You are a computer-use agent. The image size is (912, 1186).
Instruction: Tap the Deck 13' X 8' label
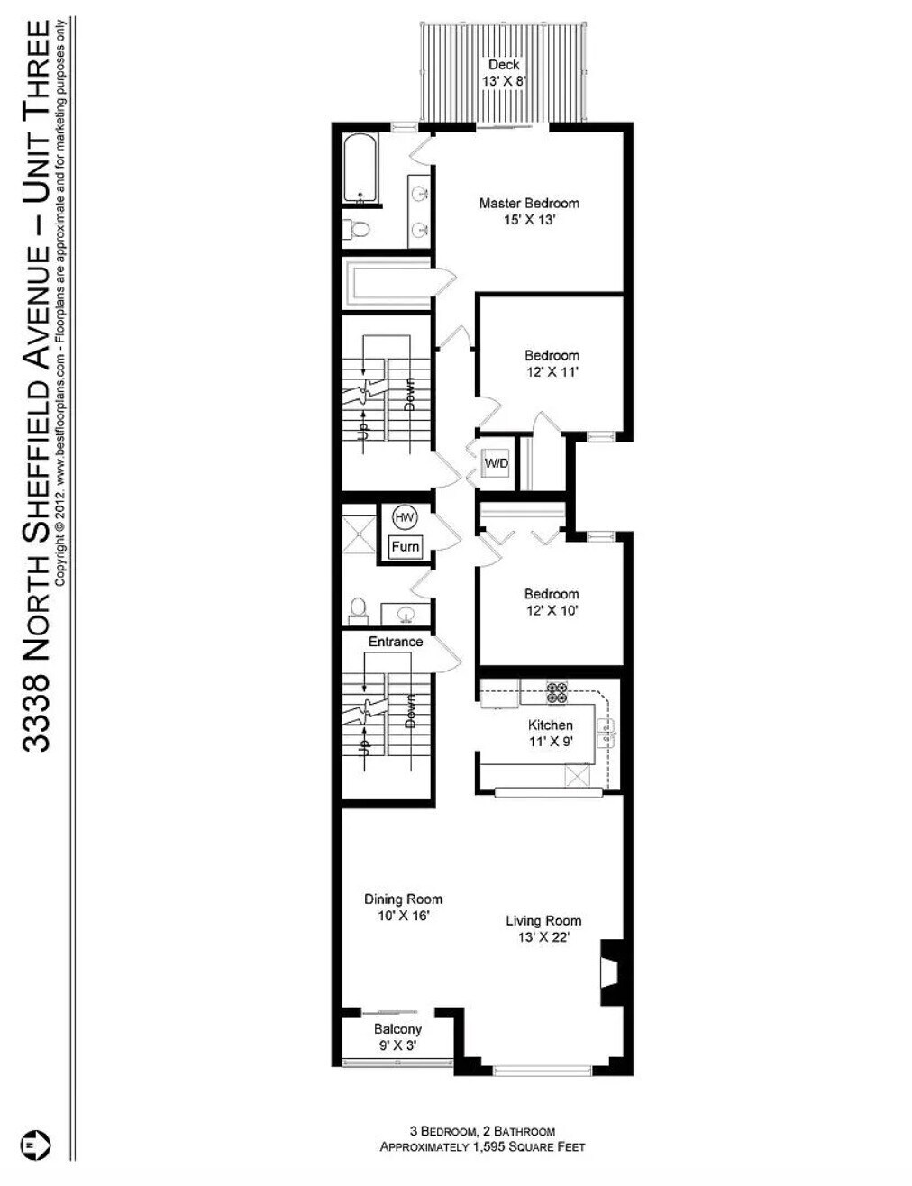(504, 72)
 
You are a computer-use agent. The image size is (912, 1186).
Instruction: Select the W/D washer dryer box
(497, 463)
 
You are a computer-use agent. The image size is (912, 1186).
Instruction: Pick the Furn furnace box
(405, 546)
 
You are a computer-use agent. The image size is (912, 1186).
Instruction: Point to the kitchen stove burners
(556, 691)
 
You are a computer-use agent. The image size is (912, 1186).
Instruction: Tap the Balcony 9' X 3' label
(397, 1037)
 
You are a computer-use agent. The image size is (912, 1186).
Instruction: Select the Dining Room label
(403, 907)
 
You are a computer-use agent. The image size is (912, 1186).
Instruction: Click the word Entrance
(395, 642)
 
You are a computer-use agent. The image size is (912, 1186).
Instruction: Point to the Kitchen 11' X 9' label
(550, 733)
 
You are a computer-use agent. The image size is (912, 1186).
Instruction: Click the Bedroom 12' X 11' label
(552, 363)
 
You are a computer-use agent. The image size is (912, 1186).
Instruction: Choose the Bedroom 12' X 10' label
(552, 602)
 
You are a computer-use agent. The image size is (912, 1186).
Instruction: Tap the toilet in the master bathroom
(359, 230)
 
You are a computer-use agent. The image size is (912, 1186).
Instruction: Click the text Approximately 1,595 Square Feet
(482, 1147)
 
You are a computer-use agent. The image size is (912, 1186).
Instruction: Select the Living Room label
(543, 928)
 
